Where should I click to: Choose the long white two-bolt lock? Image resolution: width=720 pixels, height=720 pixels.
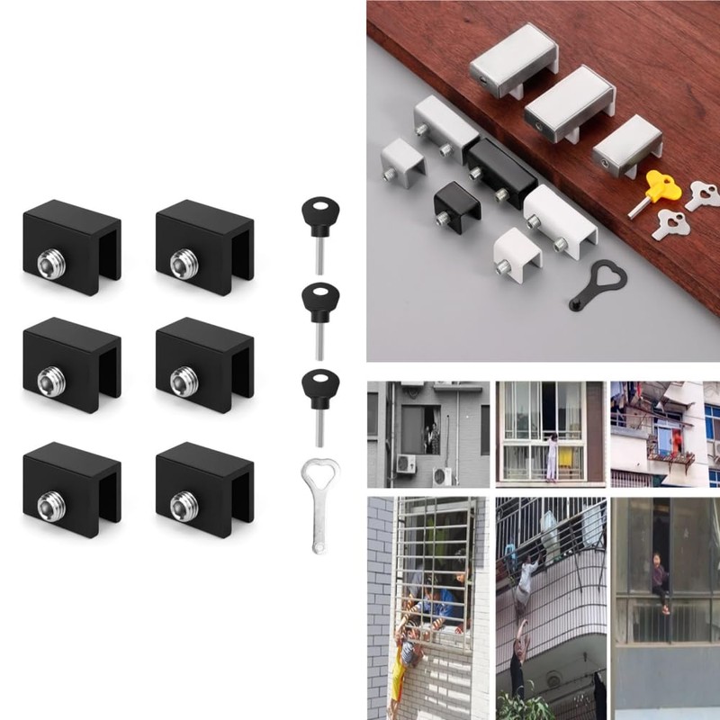click(x=561, y=219)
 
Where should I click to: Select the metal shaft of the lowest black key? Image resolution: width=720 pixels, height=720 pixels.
click(x=316, y=424)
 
